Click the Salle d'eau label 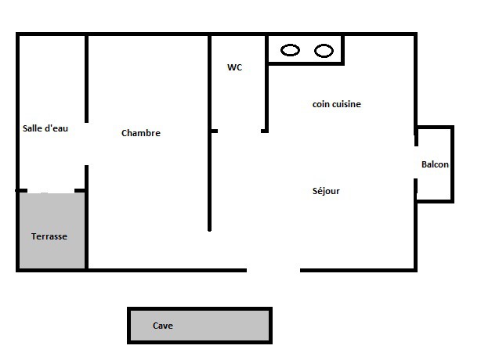pyautogui.click(x=45, y=128)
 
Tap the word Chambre pyautogui.click(x=141, y=133)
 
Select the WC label pyautogui.click(x=235, y=67)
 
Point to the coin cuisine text pyautogui.click(x=337, y=104)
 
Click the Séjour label pyautogui.click(x=326, y=191)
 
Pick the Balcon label pyautogui.click(x=435, y=164)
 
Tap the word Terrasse pyautogui.click(x=49, y=236)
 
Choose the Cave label pyautogui.click(x=163, y=326)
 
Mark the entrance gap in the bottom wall pyautogui.click(x=273, y=270)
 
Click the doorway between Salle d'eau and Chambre pyautogui.click(x=86, y=144)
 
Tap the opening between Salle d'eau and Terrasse pyautogui.click(x=51, y=191)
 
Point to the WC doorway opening pyautogui.click(x=239, y=131)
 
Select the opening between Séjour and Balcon pyautogui.click(x=416, y=162)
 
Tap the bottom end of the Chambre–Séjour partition pyautogui.click(x=209, y=230)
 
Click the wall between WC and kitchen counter pyautogui.click(x=266, y=83)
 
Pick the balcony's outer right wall pyautogui.click(x=452, y=164)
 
